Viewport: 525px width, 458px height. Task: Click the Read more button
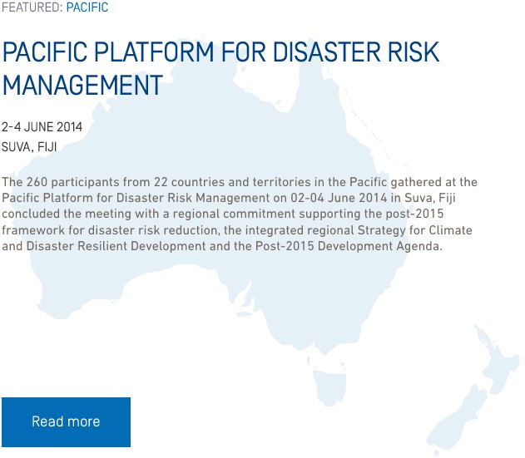pyautogui.click(x=66, y=422)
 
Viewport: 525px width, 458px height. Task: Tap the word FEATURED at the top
pyautogui.click(x=31, y=7)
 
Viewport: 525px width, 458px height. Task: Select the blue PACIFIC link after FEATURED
pyautogui.click(x=87, y=7)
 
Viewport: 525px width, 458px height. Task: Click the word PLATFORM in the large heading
pyautogui.click(x=154, y=52)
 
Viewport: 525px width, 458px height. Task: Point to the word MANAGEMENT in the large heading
pyautogui.click(x=82, y=86)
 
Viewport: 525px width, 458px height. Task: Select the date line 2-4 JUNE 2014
pyautogui.click(x=42, y=127)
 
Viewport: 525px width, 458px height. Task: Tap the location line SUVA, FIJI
pyautogui.click(x=29, y=147)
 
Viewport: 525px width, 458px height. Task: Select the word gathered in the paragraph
pyautogui.click(x=416, y=183)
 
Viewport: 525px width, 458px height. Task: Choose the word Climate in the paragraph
pyautogui.click(x=451, y=230)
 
